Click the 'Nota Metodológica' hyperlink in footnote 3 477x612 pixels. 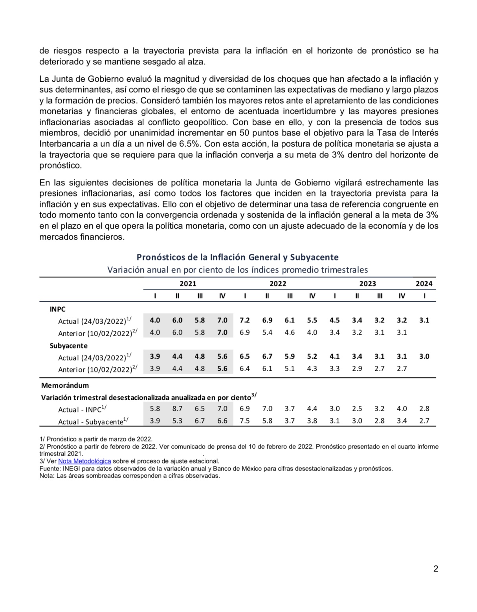tap(84, 461)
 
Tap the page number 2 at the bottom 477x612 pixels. tap(435, 569)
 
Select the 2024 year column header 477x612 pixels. tap(424, 284)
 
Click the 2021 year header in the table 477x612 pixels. tap(188, 284)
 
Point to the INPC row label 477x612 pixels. tap(57, 309)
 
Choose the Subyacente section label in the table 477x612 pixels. tap(68, 346)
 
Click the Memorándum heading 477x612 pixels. tap(65, 385)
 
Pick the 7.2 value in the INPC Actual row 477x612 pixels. tap(244, 321)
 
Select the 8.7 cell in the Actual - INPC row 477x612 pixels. tap(177, 409)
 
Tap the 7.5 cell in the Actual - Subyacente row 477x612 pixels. tap(244, 421)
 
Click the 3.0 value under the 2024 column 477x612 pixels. tap(424, 357)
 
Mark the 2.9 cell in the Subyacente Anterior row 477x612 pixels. tap(357, 368)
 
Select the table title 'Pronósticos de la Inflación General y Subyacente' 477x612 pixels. tap(237, 257)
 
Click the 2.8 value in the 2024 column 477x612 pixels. tap(424, 409)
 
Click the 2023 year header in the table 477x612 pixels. tap(367, 284)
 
